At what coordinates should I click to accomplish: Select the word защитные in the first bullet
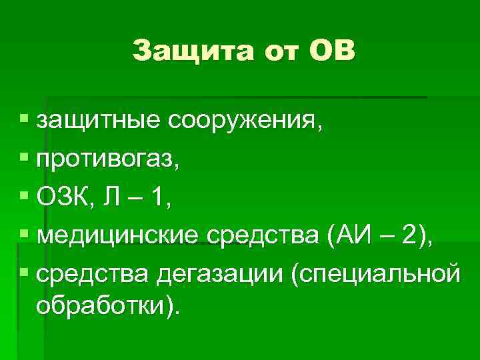[99, 121]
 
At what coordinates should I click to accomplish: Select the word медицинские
[117, 235]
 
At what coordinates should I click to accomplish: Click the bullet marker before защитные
[24, 121]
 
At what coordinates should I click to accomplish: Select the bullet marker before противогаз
[24, 159]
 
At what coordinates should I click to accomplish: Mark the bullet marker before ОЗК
[24, 197]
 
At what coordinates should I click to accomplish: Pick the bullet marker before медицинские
[24, 235]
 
